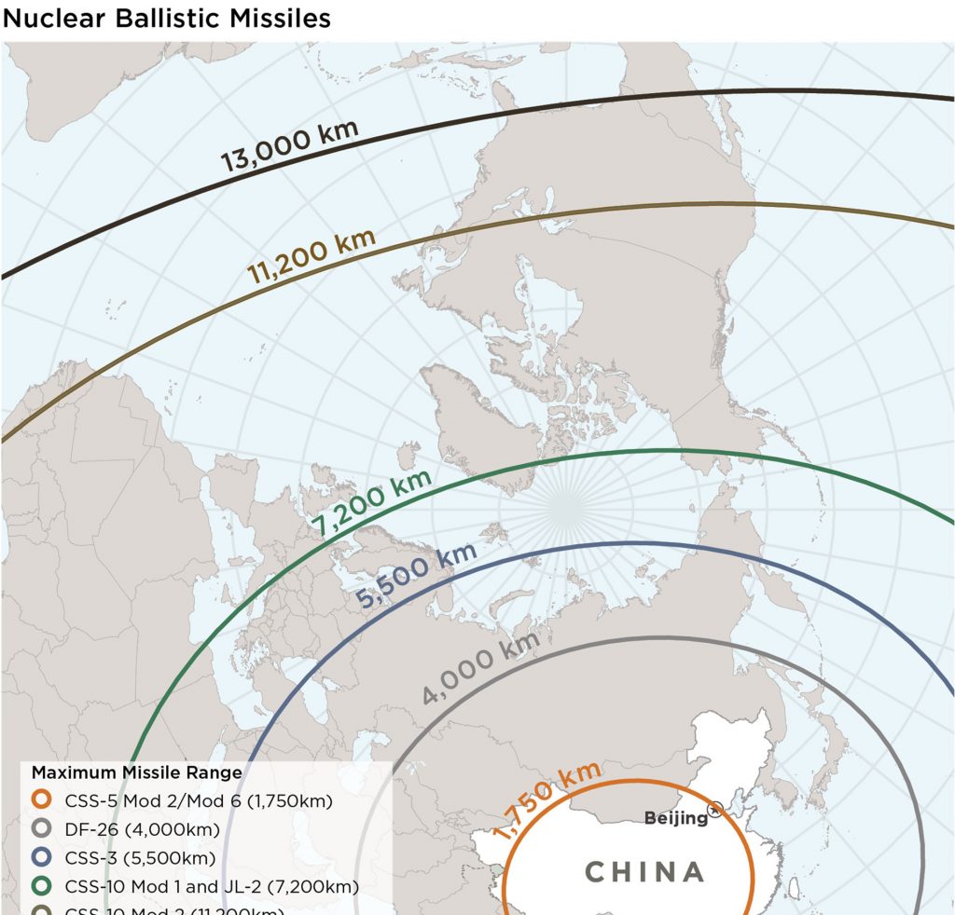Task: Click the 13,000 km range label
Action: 289,146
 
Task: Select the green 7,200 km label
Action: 372,504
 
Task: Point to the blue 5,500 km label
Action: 417,578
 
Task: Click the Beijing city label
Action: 676,818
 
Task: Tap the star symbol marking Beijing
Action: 716,810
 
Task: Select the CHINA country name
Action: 644,872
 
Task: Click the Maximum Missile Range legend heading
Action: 136,772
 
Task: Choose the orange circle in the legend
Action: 40,800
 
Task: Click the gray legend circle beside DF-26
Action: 40,829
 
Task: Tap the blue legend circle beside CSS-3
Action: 40,857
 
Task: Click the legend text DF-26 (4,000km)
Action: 142,829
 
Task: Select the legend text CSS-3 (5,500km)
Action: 140,857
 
